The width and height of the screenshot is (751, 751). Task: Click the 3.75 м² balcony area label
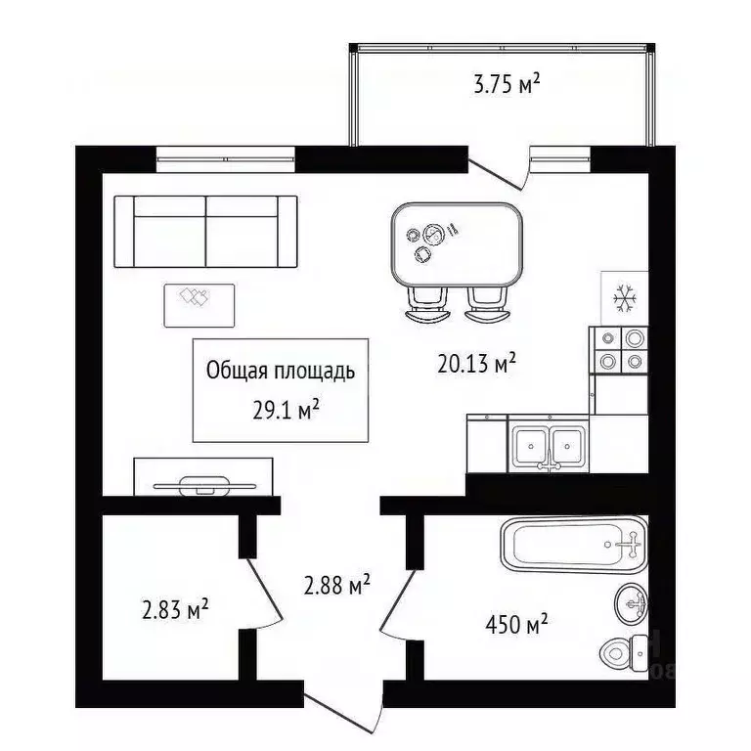pos(507,85)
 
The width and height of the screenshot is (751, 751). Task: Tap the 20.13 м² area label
pos(476,365)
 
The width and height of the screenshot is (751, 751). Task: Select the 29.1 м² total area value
pos(287,410)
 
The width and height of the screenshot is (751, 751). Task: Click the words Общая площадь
pos(281,372)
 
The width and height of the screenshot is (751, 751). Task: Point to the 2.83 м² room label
pos(176,611)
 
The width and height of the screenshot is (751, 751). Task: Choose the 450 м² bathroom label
pos(516,623)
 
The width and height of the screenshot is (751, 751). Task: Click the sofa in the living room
pos(205,231)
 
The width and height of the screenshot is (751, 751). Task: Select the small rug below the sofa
pos(199,304)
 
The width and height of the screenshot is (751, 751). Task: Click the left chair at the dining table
pos(426,304)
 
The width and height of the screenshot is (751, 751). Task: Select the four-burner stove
pos(620,349)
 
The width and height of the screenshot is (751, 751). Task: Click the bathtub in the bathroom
pos(573,545)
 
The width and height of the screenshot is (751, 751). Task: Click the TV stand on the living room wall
pos(195,476)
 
